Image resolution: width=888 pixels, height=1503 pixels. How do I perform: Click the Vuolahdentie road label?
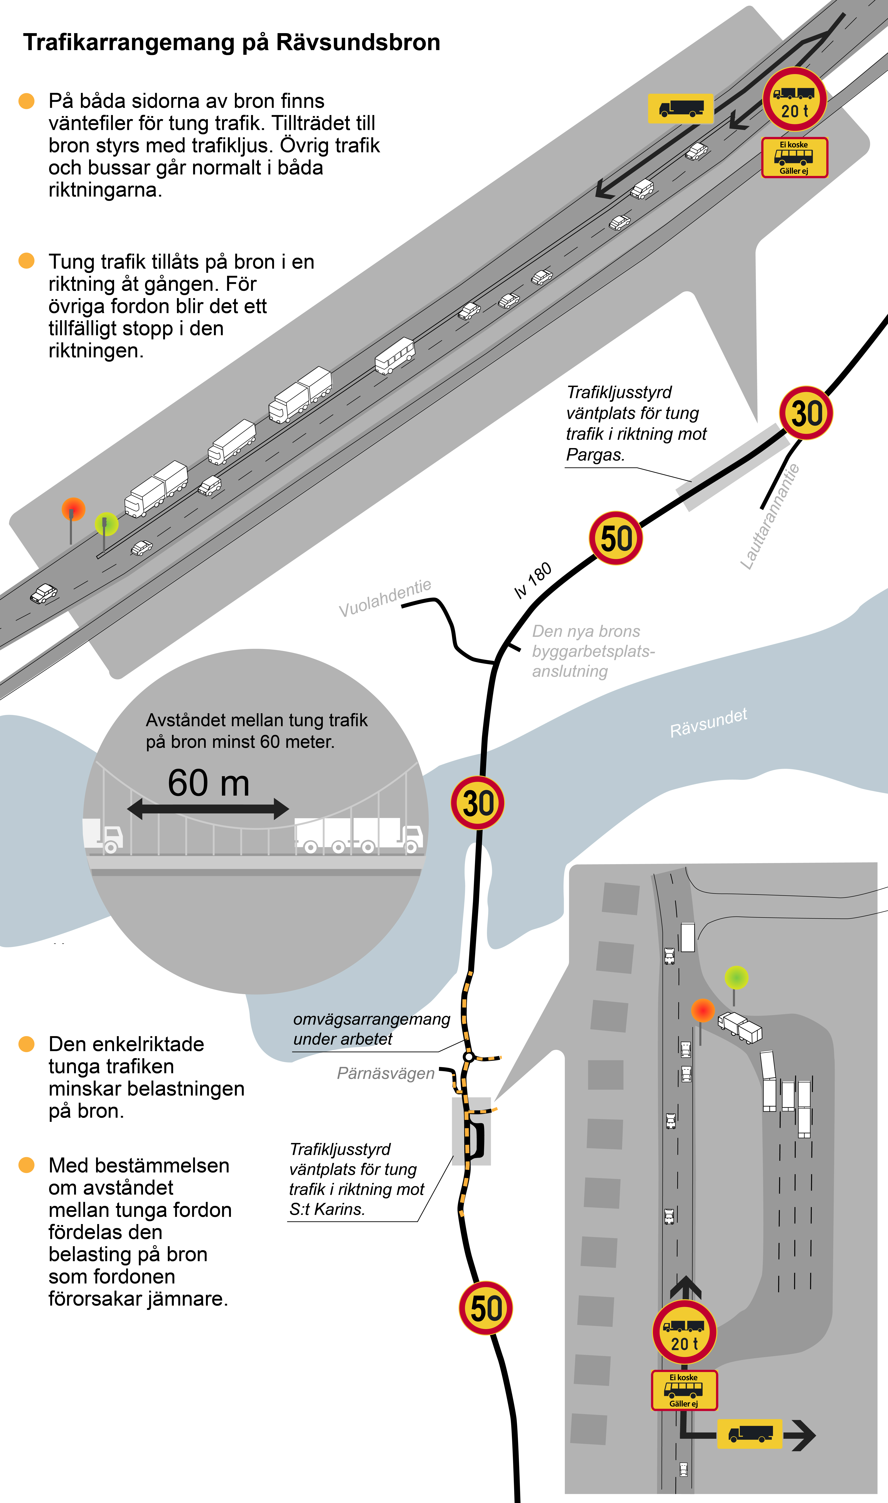coord(385,598)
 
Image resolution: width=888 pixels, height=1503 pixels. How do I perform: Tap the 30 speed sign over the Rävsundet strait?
coord(477,803)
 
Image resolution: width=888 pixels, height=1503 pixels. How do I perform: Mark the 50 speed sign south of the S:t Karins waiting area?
coord(485,1308)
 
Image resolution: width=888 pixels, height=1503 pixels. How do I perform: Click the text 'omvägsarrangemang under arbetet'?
coord(371,1029)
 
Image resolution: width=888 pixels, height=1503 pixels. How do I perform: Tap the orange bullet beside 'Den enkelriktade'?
coord(26,1044)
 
